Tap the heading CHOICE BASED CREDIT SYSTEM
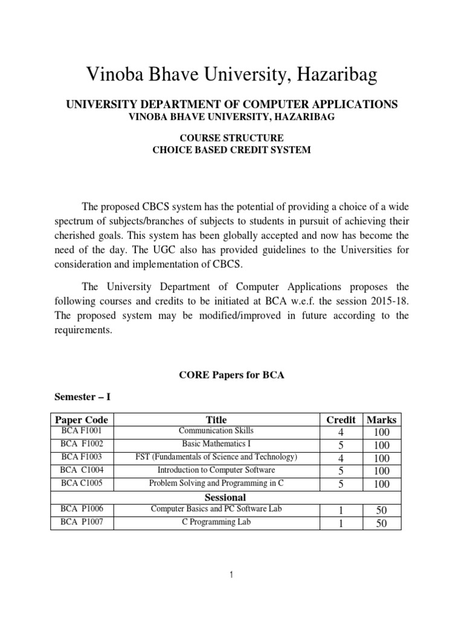click(x=231, y=149)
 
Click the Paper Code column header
click(x=82, y=420)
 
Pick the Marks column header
click(x=382, y=420)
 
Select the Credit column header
click(x=341, y=420)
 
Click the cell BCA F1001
click(x=82, y=431)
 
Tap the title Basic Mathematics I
click(x=216, y=444)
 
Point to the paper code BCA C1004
click(x=82, y=470)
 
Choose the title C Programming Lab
click(x=216, y=522)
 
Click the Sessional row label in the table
click(x=225, y=497)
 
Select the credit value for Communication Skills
click(x=341, y=432)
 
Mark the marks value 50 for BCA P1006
click(x=382, y=511)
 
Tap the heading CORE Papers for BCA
click(x=231, y=375)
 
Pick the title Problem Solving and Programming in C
click(x=216, y=483)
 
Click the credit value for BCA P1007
click(x=341, y=523)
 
